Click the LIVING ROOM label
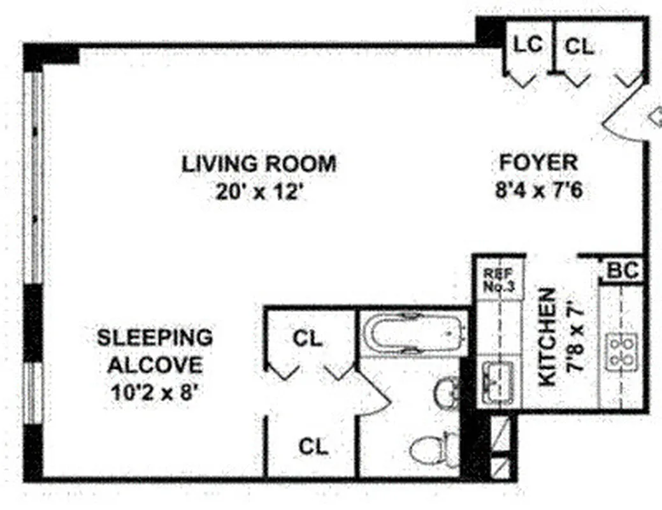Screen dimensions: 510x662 (x=259, y=164)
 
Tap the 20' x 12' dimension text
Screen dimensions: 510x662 (x=259, y=191)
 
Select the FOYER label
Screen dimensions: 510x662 (x=538, y=163)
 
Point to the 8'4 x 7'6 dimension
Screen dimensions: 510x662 (x=539, y=191)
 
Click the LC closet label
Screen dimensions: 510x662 (x=528, y=45)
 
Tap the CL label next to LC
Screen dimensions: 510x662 (x=580, y=46)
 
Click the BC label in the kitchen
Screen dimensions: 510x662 (x=622, y=271)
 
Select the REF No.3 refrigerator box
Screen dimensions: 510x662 (x=500, y=279)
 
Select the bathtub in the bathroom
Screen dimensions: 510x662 (x=412, y=332)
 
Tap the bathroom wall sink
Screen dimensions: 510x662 (x=447, y=393)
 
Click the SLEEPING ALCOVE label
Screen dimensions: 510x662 (x=155, y=351)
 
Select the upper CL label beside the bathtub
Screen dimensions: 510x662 (x=308, y=339)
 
